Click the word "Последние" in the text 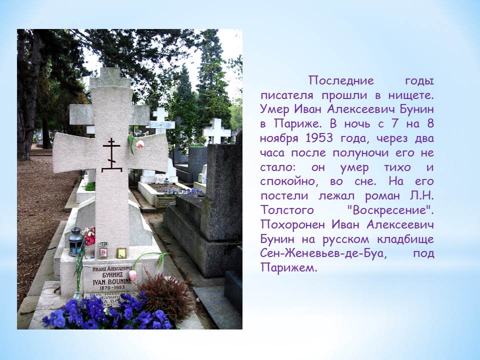click(341, 80)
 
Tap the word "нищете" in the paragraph click(411, 95)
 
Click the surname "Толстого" click(287, 210)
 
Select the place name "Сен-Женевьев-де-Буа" click(323, 253)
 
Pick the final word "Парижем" click(288, 268)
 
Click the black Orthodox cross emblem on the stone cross click(111, 155)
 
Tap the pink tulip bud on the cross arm click(139, 144)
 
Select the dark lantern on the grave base click(75, 242)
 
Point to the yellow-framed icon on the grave click(121, 253)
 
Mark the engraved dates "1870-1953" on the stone click(112, 288)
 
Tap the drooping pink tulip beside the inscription click(132, 275)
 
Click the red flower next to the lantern click(89, 236)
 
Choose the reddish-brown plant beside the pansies click(165, 295)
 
